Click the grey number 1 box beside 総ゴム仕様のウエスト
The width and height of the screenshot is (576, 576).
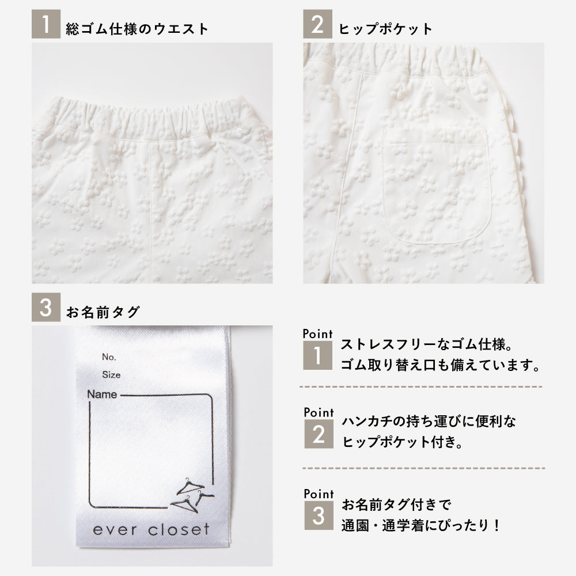tap(46, 24)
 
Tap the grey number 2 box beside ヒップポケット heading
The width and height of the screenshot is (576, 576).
tap(317, 24)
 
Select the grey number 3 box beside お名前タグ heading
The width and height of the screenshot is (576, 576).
tap(46, 307)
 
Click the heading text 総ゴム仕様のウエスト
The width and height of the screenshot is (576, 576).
tap(137, 29)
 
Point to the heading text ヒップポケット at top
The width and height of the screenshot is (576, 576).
tap(385, 29)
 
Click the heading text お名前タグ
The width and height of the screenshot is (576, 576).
tap(103, 312)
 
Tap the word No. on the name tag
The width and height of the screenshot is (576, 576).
tap(109, 357)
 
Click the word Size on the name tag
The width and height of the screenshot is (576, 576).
tap(111, 375)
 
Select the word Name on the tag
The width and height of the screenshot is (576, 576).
tap(102, 394)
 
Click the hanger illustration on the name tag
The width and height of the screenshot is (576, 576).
tap(192, 495)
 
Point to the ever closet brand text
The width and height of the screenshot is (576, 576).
tap(151, 529)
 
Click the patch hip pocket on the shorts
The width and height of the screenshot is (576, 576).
tap(437, 186)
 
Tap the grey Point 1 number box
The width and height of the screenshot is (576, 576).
tap(317, 355)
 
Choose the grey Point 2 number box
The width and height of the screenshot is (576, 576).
tap(319, 434)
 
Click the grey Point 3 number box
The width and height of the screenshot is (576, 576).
tap(319, 516)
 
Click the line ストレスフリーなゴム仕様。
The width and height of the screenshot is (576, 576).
tap(426, 344)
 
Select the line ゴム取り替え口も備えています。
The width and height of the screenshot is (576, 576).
tap(440, 365)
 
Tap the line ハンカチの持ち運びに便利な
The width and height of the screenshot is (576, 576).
tap(429, 422)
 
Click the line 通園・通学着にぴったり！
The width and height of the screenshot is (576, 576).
tap(420, 525)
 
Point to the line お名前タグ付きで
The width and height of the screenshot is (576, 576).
tap(396, 505)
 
